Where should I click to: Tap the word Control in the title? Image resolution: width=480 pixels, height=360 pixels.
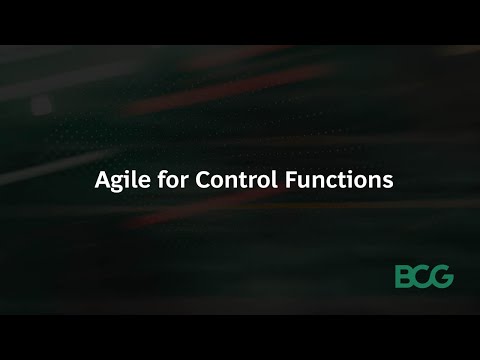(x=259, y=183)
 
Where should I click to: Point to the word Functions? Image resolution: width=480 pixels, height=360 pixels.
(x=341, y=183)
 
